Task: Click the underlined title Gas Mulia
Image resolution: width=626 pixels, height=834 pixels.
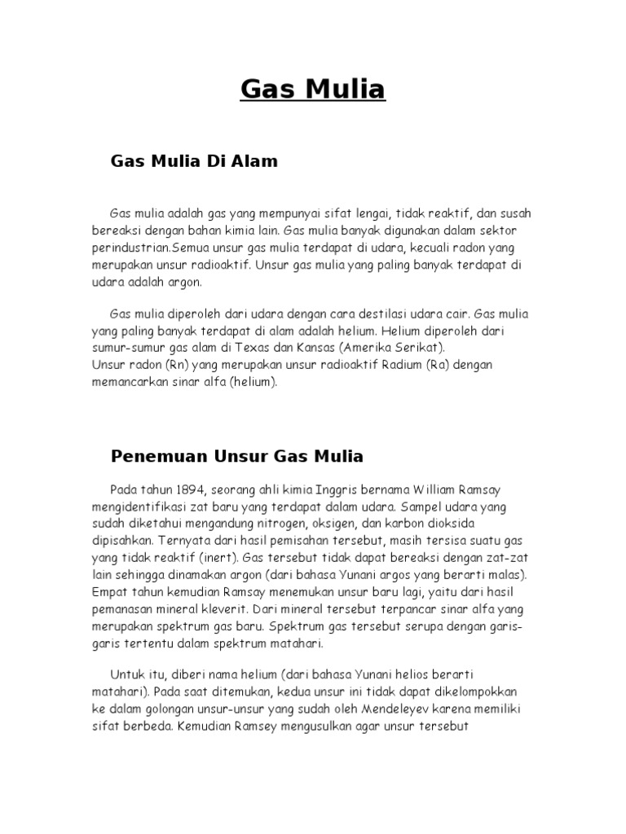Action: click(312, 89)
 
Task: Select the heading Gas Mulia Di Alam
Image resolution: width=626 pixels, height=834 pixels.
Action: click(194, 161)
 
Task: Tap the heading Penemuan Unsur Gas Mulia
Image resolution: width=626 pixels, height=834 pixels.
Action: click(236, 455)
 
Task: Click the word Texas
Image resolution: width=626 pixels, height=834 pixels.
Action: click(258, 348)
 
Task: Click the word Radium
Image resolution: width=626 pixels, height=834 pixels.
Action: click(403, 365)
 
